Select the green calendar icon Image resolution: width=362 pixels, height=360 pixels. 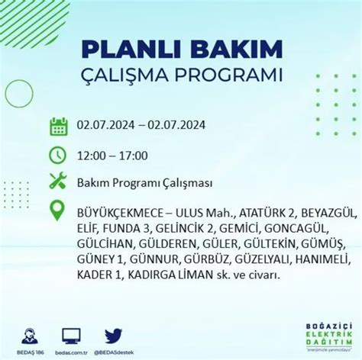[58, 126]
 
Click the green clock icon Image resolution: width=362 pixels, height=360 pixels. [58, 155]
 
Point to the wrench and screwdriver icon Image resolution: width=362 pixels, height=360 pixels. [58, 182]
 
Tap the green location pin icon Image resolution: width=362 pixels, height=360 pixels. [58, 211]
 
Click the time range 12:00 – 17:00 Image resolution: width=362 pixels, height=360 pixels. [112, 156]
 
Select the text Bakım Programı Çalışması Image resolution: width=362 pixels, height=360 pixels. [144, 183]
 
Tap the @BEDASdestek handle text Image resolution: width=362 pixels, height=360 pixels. [114, 353]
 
